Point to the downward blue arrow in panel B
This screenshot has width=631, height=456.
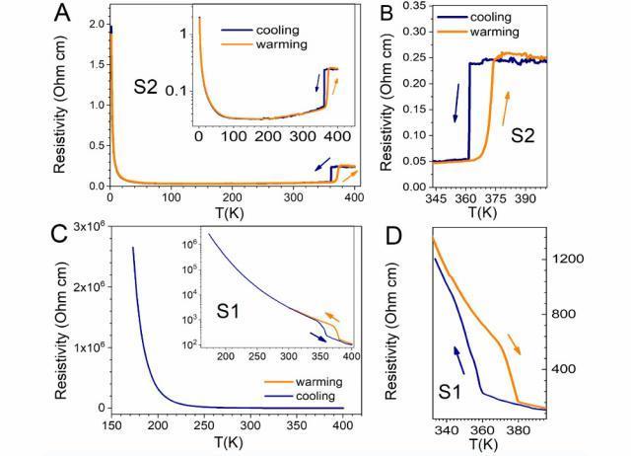pos(456,105)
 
